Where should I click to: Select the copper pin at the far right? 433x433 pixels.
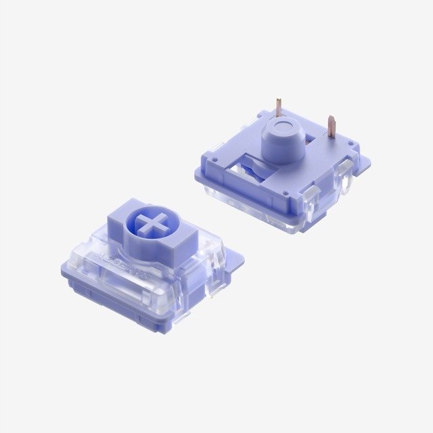[331, 125]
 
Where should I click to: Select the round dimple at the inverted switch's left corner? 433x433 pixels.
[214, 160]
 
